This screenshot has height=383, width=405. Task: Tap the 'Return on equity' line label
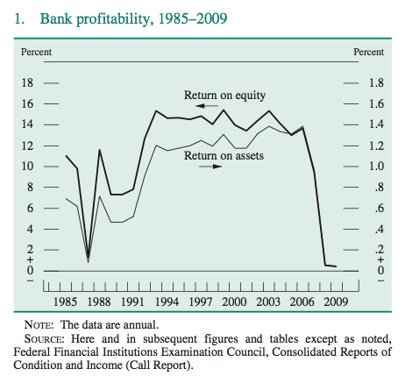pyautogui.click(x=224, y=95)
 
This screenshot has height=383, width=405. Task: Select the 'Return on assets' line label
pyautogui.click(x=224, y=157)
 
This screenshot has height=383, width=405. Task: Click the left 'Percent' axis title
pyautogui.click(x=36, y=52)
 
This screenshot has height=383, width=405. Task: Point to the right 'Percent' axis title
pyautogui.click(x=368, y=52)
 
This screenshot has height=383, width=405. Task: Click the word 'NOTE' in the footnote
pyautogui.click(x=45, y=323)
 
